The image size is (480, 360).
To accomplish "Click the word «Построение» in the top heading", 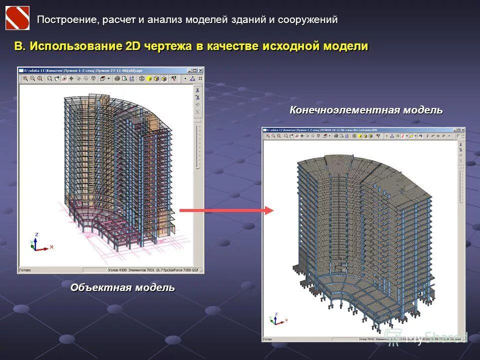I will click(66, 19).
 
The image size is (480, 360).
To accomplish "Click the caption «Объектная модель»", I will click(122, 287).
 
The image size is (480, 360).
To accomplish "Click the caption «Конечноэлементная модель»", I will click(366, 110).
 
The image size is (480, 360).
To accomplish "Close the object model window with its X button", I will click(200, 70).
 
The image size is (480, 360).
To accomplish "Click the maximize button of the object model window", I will click(195, 70).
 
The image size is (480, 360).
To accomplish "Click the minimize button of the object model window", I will click(189, 70).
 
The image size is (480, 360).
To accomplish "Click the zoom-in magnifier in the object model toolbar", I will click(25, 78).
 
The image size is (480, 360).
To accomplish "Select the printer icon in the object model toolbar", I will click(117, 78).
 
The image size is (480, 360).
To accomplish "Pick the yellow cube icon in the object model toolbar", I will click(149, 78).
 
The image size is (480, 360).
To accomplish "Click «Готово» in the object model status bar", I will click(25, 270).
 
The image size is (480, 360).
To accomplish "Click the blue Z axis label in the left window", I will click(36, 234).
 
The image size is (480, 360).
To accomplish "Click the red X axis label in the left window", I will click(51, 246).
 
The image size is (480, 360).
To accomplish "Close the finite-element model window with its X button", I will click(462, 130).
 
